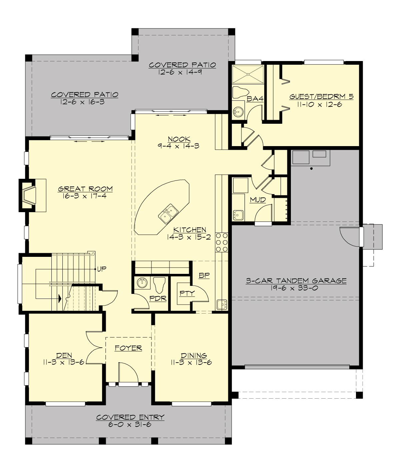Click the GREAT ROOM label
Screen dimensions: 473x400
click(x=85, y=189)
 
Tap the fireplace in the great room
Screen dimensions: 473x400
click(x=29, y=195)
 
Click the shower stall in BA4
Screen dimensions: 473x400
click(x=248, y=74)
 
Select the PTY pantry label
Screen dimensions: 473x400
click(x=187, y=293)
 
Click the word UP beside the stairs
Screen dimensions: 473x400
click(x=102, y=269)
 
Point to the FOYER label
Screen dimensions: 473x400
click(x=128, y=348)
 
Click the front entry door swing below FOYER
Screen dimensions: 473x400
click(x=128, y=373)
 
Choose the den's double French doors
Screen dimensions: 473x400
click(x=94, y=349)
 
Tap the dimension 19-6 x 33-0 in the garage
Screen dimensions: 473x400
click(x=296, y=288)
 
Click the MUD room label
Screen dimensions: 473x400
click(x=258, y=200)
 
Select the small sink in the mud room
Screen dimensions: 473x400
click(x=238, y=215)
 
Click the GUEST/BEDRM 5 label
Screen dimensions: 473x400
click(x=321, y=97)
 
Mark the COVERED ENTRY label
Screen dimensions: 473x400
click(x=130, y=417)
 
